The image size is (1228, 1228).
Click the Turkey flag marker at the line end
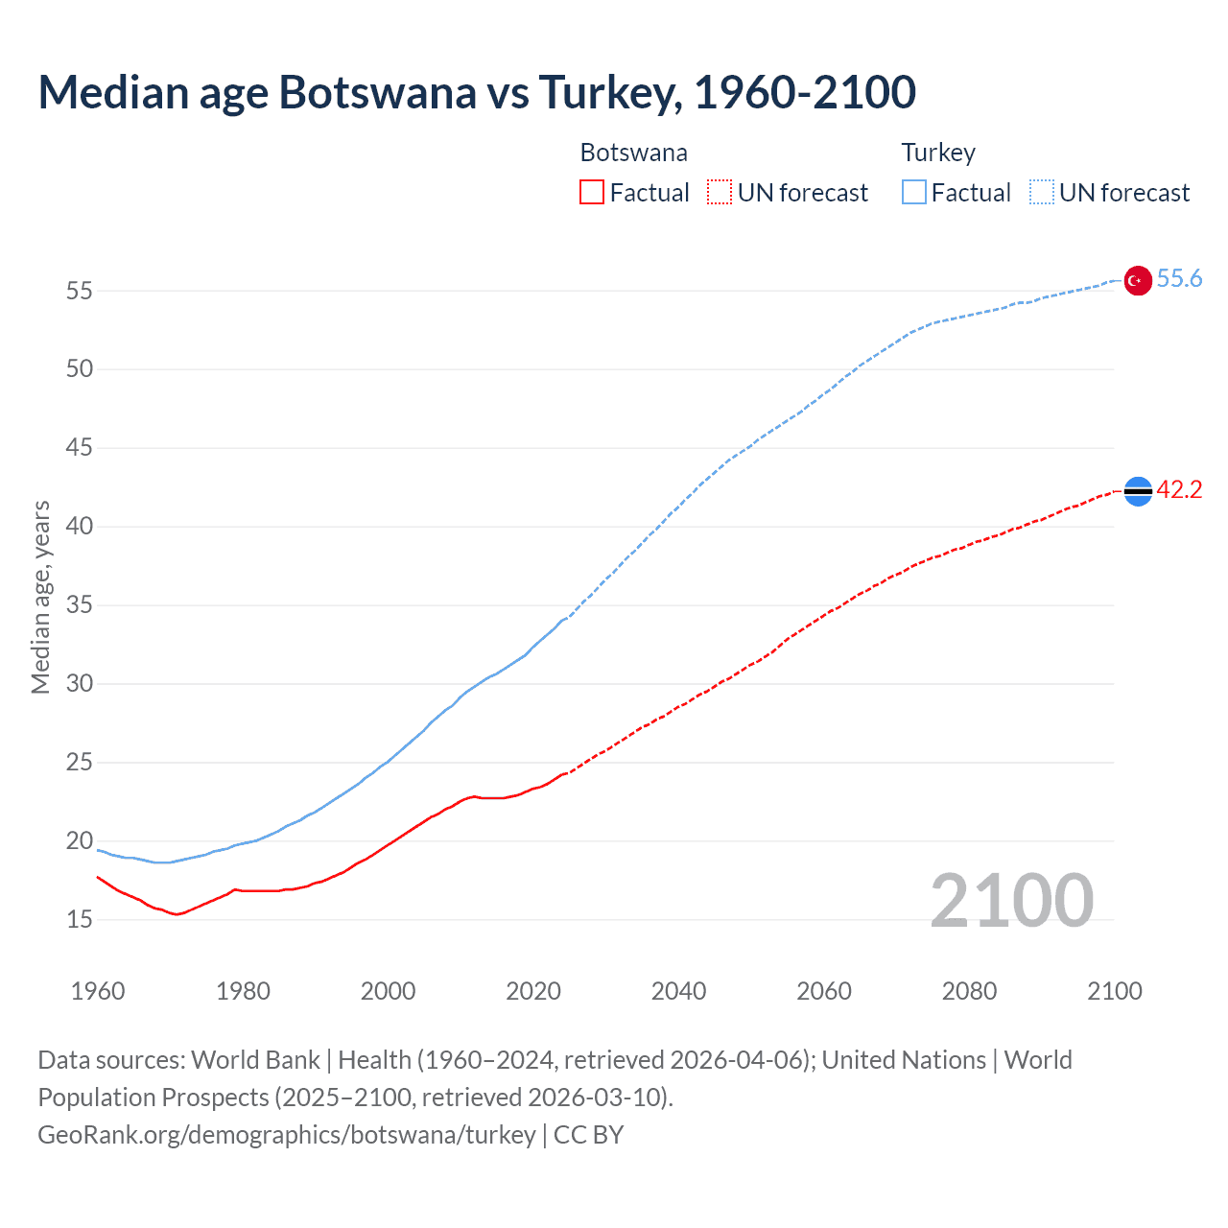[1137, 280]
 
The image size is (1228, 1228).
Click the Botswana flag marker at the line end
[1137, 491]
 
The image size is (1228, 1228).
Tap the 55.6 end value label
[1179, 278]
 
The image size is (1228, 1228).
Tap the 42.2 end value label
[1179, 489]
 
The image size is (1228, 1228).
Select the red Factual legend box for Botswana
[592, 193]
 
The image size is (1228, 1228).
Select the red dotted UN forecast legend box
[720, 193]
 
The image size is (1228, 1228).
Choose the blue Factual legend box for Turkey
[914, 193]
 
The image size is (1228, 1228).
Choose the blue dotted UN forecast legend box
[1041, 193]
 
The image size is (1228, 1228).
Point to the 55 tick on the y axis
[79, 291]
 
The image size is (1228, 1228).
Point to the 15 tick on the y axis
[79, 920]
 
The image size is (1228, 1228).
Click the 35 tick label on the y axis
[79, 605]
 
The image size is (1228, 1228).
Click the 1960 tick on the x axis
[98, 991]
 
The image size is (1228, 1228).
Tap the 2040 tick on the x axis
[678, 991]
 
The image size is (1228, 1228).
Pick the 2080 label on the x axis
[969, 991]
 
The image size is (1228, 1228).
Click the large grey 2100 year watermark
[1011, 900]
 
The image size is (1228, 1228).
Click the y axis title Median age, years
[40, 597]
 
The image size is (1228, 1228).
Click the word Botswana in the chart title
[377, 92]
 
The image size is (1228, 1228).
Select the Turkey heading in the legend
[938, 153]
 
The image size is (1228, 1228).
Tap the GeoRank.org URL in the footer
[286, 1134]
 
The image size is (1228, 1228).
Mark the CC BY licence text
[588, 1134]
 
